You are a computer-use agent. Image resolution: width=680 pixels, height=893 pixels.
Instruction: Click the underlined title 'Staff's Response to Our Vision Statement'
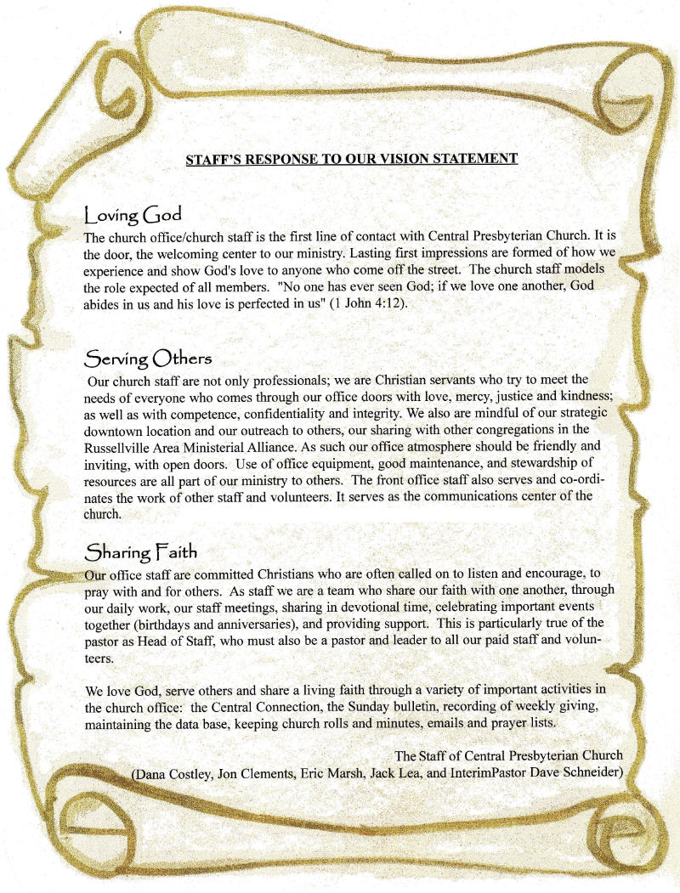pos(351,158)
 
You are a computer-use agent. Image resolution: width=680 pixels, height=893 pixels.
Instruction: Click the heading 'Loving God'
pos(132,213)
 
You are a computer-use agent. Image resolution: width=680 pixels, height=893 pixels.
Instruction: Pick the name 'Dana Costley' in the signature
pos(175,773)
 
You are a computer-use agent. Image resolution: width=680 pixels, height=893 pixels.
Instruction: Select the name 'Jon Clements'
pos(258,773)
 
